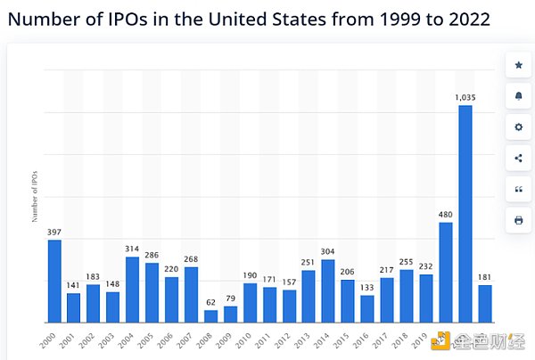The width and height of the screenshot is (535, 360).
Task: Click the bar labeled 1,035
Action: pyautogui.click(x=465, y=214)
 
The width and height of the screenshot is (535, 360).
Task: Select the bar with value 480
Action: pyautogui.click(x=446, y=272)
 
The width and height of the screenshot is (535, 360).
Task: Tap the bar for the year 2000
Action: pyautogui.click(x=54, y=281)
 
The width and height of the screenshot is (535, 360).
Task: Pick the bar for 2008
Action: pyautogui.click(x=211, y=315)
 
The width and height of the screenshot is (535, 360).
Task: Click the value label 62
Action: pyautogui.click(x=211, y=303)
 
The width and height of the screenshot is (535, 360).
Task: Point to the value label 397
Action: pyautogui.click(x=54, y=233)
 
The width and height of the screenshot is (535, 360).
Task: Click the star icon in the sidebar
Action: pyautogui.click(x=519, y=65)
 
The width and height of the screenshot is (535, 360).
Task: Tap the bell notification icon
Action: pyautogui.click(x=519, y=96)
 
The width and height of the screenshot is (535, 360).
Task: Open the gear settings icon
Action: pyautogui.click(x=519, y=127)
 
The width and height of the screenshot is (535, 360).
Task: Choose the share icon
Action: pyautogui.click(x=519, y=159)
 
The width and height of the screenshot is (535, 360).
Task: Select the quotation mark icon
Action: pyautogui.click(x=519, y=189)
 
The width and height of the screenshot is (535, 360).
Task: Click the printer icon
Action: pyautogui.click(x=519, y=220)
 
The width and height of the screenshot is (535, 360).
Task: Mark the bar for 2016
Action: pyautogui.click(x=367, y=308)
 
